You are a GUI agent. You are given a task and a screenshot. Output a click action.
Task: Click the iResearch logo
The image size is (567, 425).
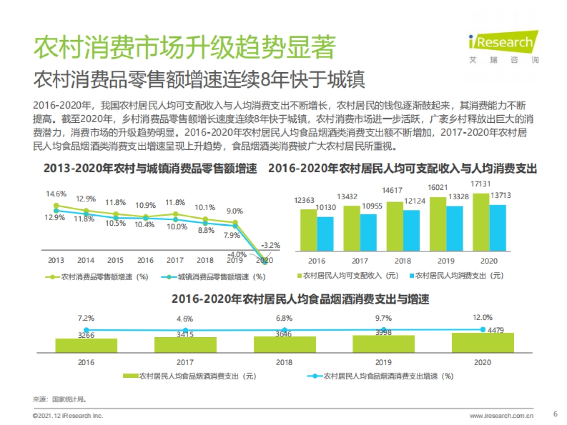(x=502, y=46)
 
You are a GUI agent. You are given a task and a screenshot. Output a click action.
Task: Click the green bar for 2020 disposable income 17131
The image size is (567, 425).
(x=481, y=221)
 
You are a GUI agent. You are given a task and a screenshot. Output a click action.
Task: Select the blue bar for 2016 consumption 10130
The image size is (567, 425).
(x=325, y=234)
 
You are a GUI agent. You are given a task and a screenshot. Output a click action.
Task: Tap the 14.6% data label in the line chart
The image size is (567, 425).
(x=56, y=194)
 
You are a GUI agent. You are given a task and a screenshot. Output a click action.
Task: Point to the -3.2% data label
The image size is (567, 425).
(x=271, y=245)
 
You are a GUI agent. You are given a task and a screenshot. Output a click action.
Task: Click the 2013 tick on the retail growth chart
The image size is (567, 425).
(x=56, y=260)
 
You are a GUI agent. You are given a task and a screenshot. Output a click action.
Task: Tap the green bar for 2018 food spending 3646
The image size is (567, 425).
(x=284, y=344)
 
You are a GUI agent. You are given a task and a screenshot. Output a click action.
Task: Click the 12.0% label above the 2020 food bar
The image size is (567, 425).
(x=483, y=317)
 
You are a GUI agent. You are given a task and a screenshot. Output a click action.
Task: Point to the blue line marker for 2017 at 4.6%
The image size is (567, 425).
(x=186, y=331)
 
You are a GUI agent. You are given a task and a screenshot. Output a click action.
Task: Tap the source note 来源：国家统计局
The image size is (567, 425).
(x=60, y=399)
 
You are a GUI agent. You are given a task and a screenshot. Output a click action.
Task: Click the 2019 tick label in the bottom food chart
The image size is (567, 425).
(x=383, y=363)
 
